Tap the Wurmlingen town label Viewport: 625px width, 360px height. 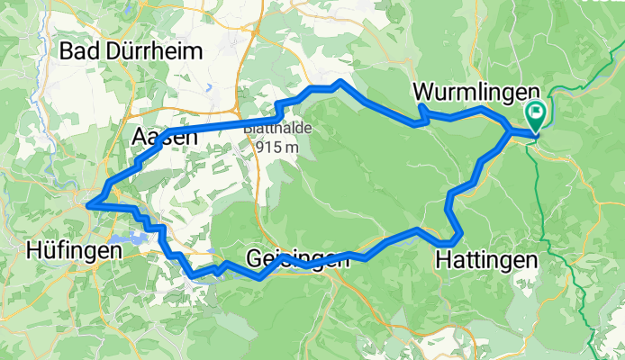pyautogui.click(x=476, y=93)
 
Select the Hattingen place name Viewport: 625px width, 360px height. pyautogui.click(x=486, y=260)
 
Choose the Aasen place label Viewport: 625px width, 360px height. pyautogui.click(x=163, y=137)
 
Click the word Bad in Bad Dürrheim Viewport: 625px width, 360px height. pyautogui.click(x=77, y=51)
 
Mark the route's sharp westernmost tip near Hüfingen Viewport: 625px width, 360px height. pyautogui.click(x=88, y=205)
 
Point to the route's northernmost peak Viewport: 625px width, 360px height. pyautogui.click(x=339, y=82)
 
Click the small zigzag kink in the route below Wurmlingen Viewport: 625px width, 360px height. pyautogui.click(x=421, y=113)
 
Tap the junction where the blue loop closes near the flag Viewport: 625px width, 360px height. pyautogui.click(x=512, y=133)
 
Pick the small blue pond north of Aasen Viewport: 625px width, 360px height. pyautogui.click(x=208, y=88)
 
